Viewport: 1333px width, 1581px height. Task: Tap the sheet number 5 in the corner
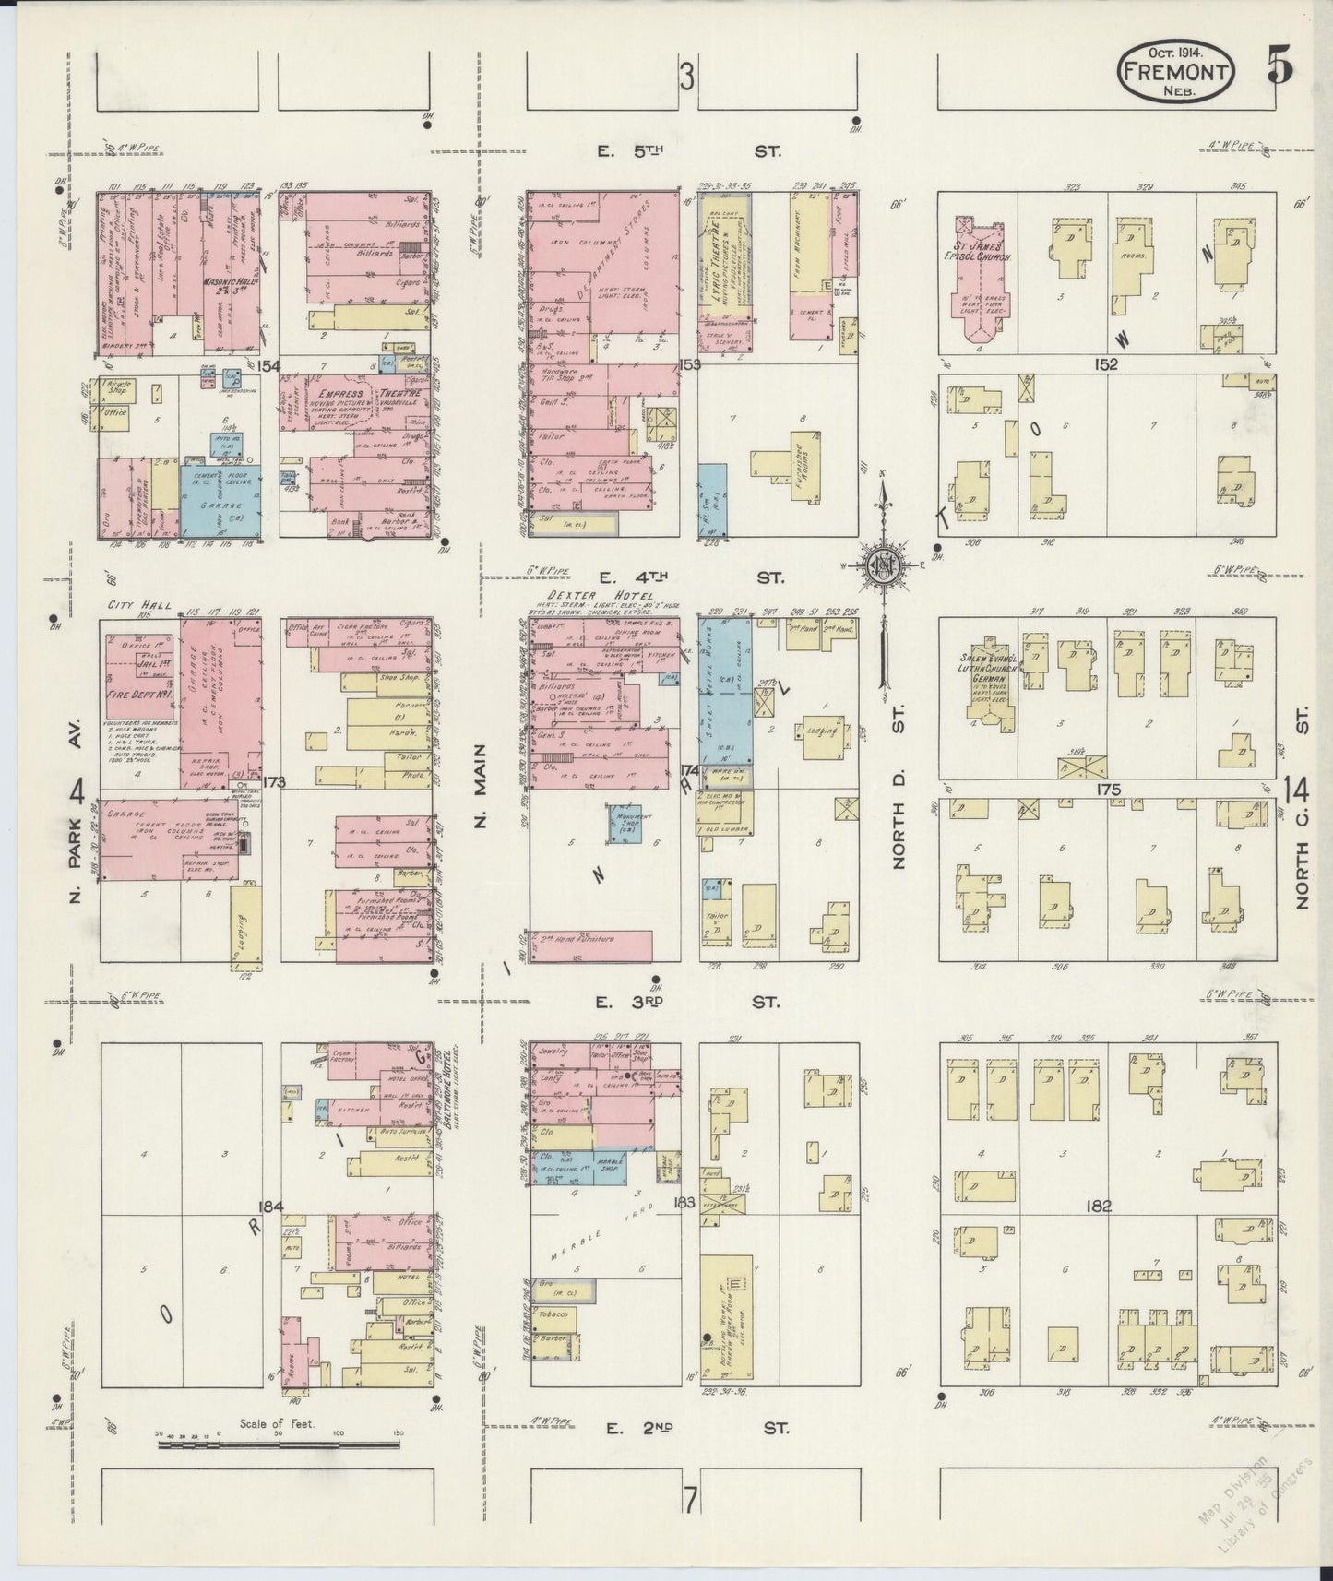click(x=1279, y=68)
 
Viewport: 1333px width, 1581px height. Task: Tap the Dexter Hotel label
click(x=600, y=596)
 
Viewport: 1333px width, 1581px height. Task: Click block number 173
click(x=274, y=783)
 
